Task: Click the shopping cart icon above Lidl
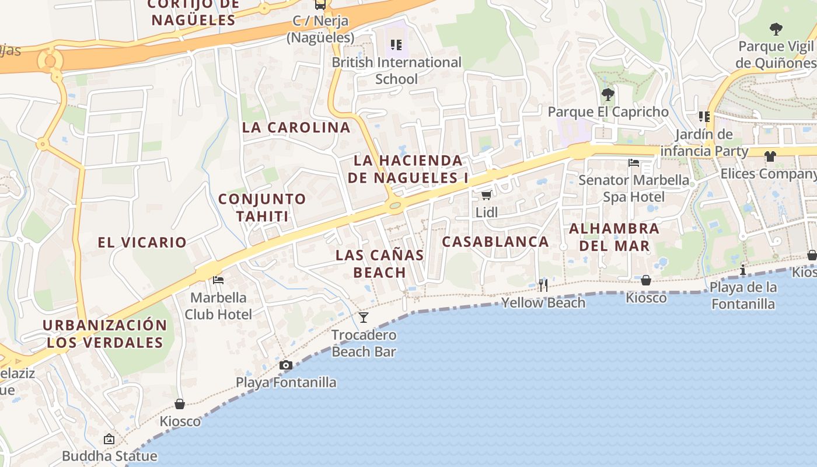[x=486, y=195]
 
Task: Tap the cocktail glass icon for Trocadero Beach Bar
[x=364, y=318]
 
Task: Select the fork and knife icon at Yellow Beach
[x=543, y=285]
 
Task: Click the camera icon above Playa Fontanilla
[x=285, y=365]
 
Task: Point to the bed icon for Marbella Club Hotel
[x=218, y=280]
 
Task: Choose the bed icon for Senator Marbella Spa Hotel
[x=634, y=163]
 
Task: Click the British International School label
[x=396, y=70]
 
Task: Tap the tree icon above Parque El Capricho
[x=607, y=94]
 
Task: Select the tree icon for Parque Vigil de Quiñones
[x=776, y=29]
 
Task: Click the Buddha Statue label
[x=109, y=456]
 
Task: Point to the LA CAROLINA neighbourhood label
[x=296, y=127]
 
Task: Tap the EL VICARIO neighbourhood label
[x=142, y=242]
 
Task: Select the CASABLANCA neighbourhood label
[x=495, y=242]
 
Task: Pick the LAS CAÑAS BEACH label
[x=379, y=264]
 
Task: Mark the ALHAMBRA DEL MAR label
[x=614, y=237]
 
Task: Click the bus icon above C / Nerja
[x=320, y=5]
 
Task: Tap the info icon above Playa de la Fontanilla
[x=743, y=270]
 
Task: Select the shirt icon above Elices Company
[x=770, y=156]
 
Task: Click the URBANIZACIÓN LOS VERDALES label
[x=104, y=333]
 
